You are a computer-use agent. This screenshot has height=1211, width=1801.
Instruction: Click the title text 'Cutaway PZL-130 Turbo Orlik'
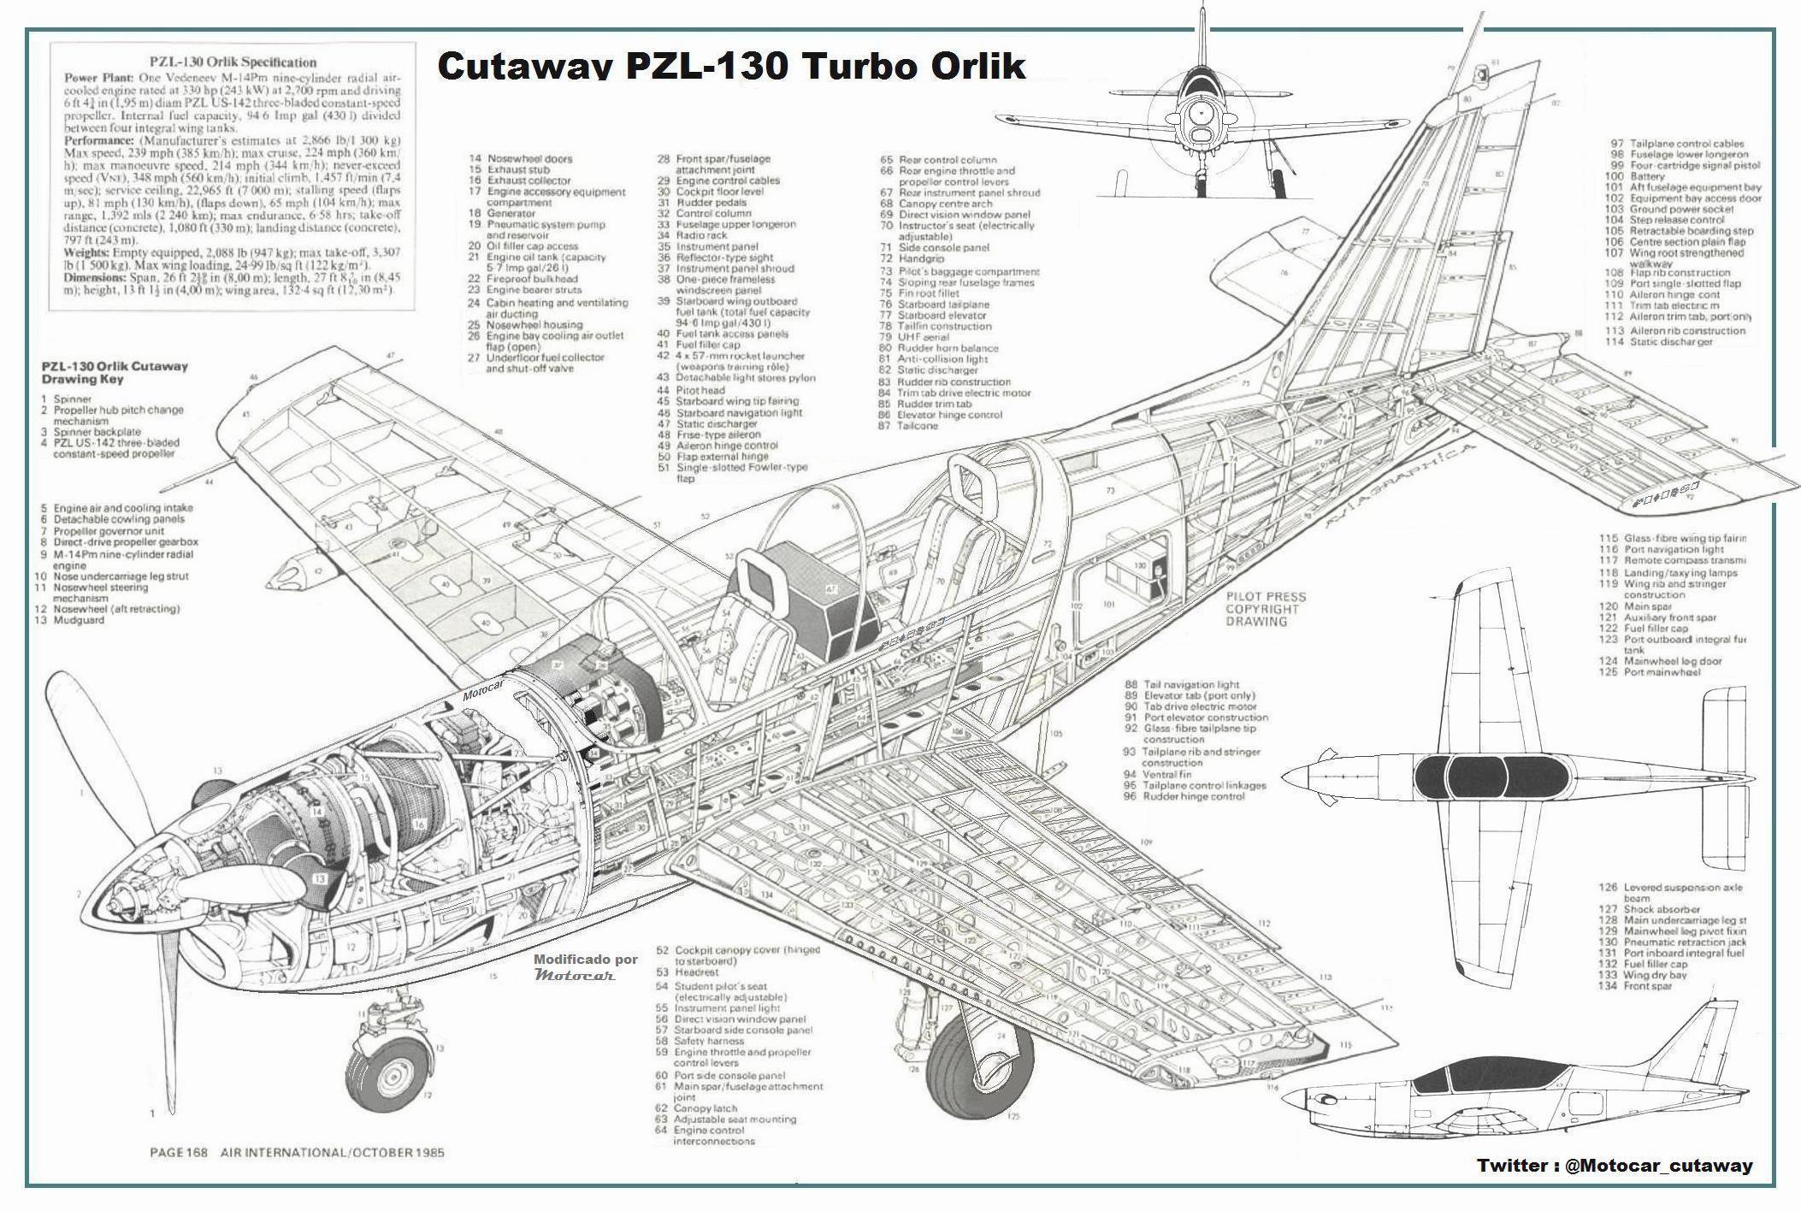point(731,66)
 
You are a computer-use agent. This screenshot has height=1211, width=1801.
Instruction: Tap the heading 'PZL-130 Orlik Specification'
point(233,62)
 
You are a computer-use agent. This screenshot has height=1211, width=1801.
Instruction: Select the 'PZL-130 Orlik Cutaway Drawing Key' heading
point(115,372)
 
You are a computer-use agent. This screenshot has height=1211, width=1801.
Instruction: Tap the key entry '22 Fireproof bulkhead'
point(522,279)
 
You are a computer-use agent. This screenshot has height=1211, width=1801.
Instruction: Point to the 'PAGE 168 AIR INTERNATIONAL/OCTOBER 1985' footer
point(297,1152)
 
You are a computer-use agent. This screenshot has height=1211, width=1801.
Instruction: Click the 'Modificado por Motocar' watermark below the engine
point(586,966)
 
